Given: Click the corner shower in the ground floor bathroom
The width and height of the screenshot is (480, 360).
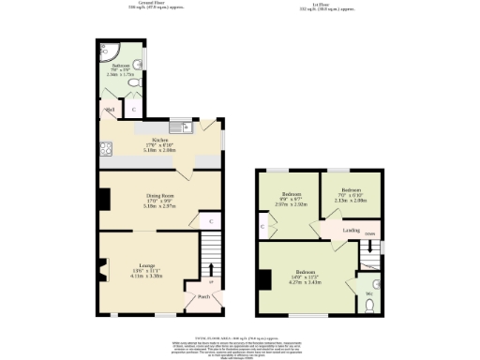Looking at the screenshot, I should point(104,53).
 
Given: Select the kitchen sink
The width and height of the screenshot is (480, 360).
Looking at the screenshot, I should point(181,127).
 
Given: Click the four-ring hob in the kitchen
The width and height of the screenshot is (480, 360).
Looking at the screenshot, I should point(103,147).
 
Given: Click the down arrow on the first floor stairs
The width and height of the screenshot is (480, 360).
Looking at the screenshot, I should point(369,234).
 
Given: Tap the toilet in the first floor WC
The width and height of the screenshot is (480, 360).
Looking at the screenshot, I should point(374,282).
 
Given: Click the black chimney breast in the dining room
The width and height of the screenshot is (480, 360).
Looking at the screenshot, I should point(105,200).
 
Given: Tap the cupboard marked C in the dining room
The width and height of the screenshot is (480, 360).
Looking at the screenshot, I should point(210,221).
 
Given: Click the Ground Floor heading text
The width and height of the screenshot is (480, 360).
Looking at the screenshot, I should point(155,3).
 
